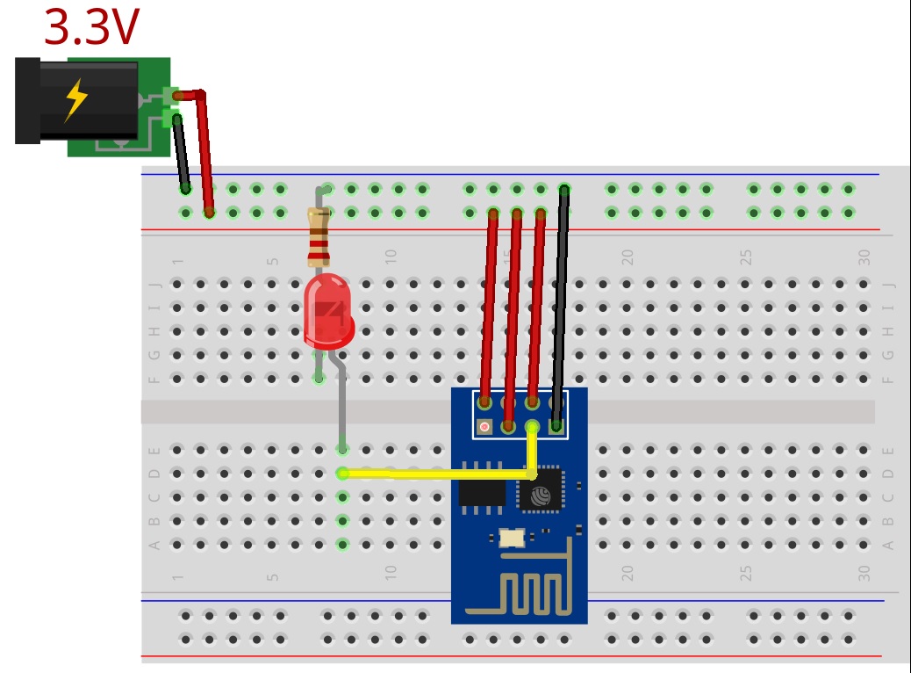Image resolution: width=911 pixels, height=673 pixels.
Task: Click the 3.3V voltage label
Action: [x=91, y=27]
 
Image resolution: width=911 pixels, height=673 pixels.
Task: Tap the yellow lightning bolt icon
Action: [x=76, y=100]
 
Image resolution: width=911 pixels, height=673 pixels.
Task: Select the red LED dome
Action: [x=327, y=308]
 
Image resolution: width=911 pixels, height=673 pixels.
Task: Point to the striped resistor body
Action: [x=319, y=237]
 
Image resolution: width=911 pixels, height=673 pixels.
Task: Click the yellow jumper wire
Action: [x=439, y=474]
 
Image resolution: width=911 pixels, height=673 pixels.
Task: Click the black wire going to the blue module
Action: [x=559, y=308]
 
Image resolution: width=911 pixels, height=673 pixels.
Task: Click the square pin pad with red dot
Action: [x=484, y=428]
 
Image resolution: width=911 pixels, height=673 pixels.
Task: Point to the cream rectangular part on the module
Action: [x=511, y=537]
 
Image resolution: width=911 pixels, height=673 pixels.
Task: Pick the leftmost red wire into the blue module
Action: [x=488, y=308]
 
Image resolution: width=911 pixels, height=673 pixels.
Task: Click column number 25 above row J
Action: [x=746, y=257]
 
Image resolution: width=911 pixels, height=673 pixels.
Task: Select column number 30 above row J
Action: [x=864, y=257]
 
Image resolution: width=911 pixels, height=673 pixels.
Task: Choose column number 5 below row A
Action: [x=273, y=577]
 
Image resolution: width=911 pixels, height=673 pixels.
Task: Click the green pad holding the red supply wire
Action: [x=170, y=93]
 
